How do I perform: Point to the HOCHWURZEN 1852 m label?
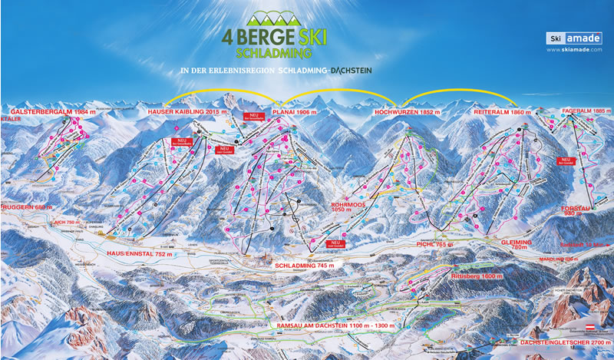pos(401,112)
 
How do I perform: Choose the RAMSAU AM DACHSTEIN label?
pos(326,325)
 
